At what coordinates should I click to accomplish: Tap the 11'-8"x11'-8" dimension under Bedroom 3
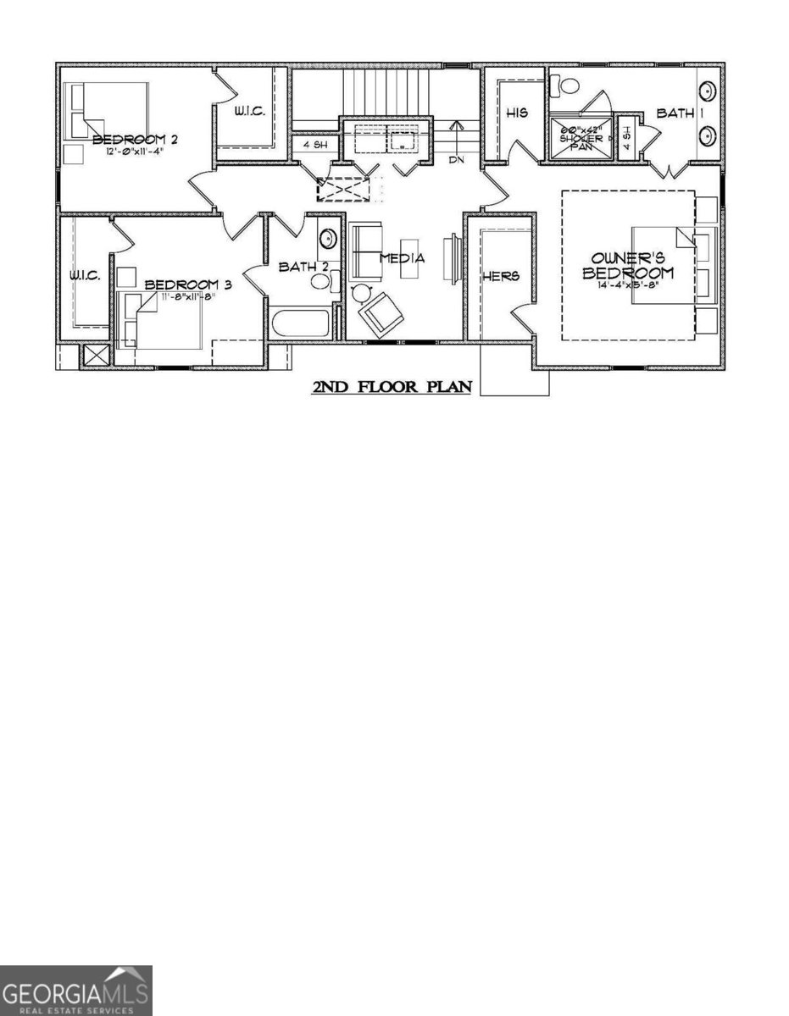click(188, 297)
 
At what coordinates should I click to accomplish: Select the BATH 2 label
click(303, 268)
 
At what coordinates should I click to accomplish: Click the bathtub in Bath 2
click(300, 325)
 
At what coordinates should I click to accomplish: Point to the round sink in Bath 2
click(328, 240)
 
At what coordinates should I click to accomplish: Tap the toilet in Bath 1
click(563, 86)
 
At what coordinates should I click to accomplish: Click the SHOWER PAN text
click(581, 139)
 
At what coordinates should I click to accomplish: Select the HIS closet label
click(517, 113)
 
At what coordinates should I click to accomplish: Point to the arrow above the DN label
click(458, 135)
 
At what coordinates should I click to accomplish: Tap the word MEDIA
click(402, 258)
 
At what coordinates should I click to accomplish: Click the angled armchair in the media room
click(381, 314)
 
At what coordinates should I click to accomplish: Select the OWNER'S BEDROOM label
click(628, 265)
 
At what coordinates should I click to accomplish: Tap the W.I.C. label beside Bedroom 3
click(85, 276)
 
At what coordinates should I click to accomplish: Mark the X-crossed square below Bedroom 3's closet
click(97, 356)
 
